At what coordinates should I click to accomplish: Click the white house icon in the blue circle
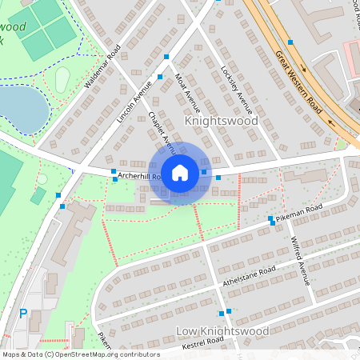click(x=180, y=173)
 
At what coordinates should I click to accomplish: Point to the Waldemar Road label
click(x=102, y=67)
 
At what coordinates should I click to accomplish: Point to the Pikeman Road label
click(x=298, y=212)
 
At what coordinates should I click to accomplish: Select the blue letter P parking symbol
click(x=22, y=314)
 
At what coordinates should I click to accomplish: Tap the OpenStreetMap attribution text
click(x=80, y=354)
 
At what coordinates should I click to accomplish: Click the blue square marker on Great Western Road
click(x=290, y=42)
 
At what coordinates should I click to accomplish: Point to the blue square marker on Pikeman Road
click(x=270, y=218)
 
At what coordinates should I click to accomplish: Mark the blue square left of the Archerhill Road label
click(x=114, y=170)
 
